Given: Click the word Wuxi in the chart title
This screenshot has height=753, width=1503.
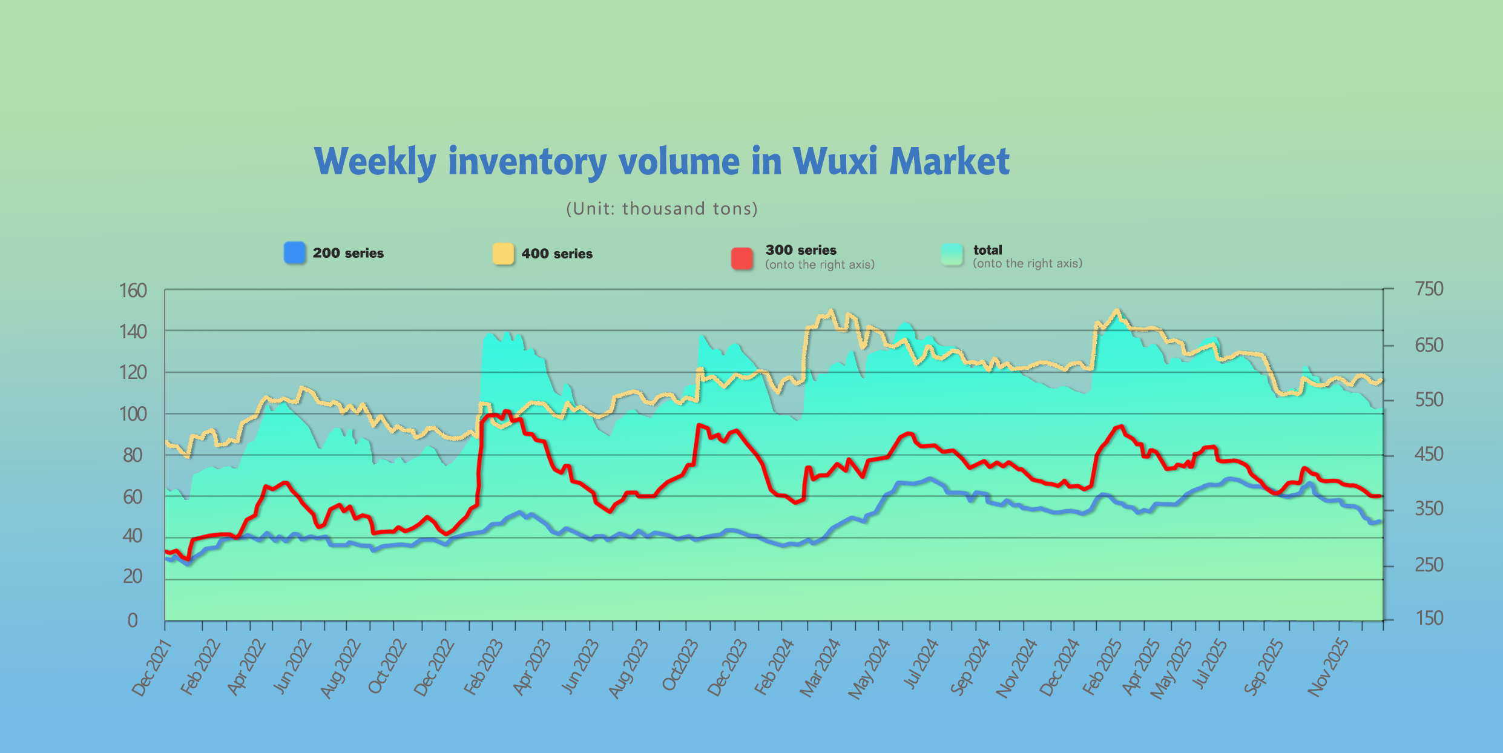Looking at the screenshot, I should click(x=834, y=162).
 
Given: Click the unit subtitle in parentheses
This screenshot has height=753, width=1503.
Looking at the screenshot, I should click(x=662, y=209).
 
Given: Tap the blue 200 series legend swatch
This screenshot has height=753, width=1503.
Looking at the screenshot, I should click(x=295, y=253).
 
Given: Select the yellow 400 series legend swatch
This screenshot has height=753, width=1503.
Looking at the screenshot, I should click(x=503, y=254).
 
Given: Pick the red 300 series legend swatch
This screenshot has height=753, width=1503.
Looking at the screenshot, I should click(x=742, y=258).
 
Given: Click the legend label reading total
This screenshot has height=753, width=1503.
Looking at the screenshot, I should click(x=987, y=250).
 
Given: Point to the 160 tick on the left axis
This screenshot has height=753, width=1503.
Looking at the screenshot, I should click(x=133, y=291).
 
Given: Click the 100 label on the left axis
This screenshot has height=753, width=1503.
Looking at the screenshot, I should click(x=133, y=415).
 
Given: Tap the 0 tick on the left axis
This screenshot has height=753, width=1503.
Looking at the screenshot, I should click(x=133, y=620).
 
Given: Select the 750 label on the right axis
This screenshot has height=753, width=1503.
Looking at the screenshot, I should click(x=1429, y=289).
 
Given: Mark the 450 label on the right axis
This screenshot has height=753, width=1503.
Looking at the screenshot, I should click(x=1429, y=455).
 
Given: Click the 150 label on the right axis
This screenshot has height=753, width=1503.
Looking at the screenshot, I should click(x=1429, y=619).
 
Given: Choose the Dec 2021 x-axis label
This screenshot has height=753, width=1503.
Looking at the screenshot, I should click(x=152, y=668).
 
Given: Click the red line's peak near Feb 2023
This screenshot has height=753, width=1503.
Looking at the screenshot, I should click(x=507, y=412).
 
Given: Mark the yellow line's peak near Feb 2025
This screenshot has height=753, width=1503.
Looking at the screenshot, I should click(x=1117, y=311).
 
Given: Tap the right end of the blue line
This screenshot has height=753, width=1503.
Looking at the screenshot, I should click(x=1381, y=521).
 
